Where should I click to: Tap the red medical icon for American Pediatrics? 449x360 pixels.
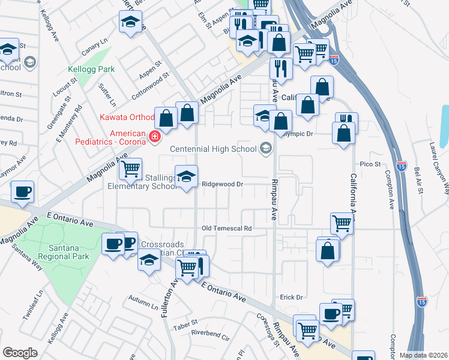point(154,137)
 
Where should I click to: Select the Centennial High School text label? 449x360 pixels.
point(214,149)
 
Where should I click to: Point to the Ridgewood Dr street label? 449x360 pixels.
point(222,184)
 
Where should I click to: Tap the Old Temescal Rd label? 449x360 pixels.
point(226,228)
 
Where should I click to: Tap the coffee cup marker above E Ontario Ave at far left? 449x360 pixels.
point(22,191)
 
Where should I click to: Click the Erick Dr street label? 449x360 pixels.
point(291,297)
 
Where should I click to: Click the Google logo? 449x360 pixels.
point(19,352)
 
